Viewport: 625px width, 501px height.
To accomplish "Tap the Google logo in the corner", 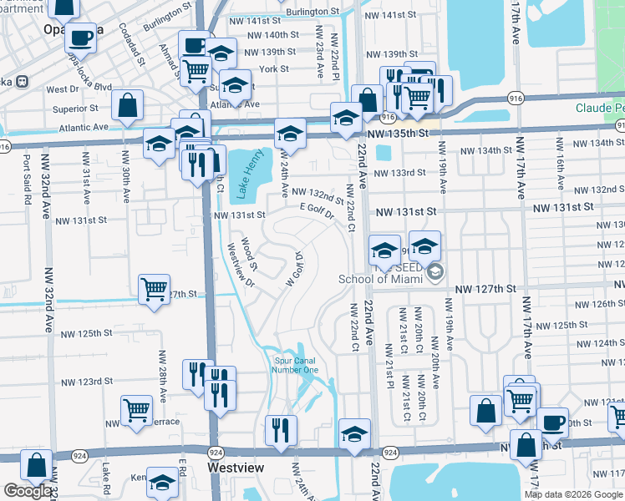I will pyautogui.click(x=27, y=491).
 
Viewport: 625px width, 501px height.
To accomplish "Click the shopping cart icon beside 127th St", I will pyautogui.click(x=155, y=289).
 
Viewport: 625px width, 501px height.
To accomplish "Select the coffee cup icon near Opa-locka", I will pyautogui.click(x=82, y=38).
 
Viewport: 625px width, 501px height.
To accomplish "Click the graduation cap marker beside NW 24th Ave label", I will pyautogui.click(x=289, y=133).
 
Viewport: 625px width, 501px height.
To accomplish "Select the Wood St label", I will pyautogui.click(x=249, y=249).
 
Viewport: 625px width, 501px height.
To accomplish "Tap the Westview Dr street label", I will pyautogui.click(x=241, y=266).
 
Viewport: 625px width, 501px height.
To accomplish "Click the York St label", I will pyautogui.click(x=273, y=69).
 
